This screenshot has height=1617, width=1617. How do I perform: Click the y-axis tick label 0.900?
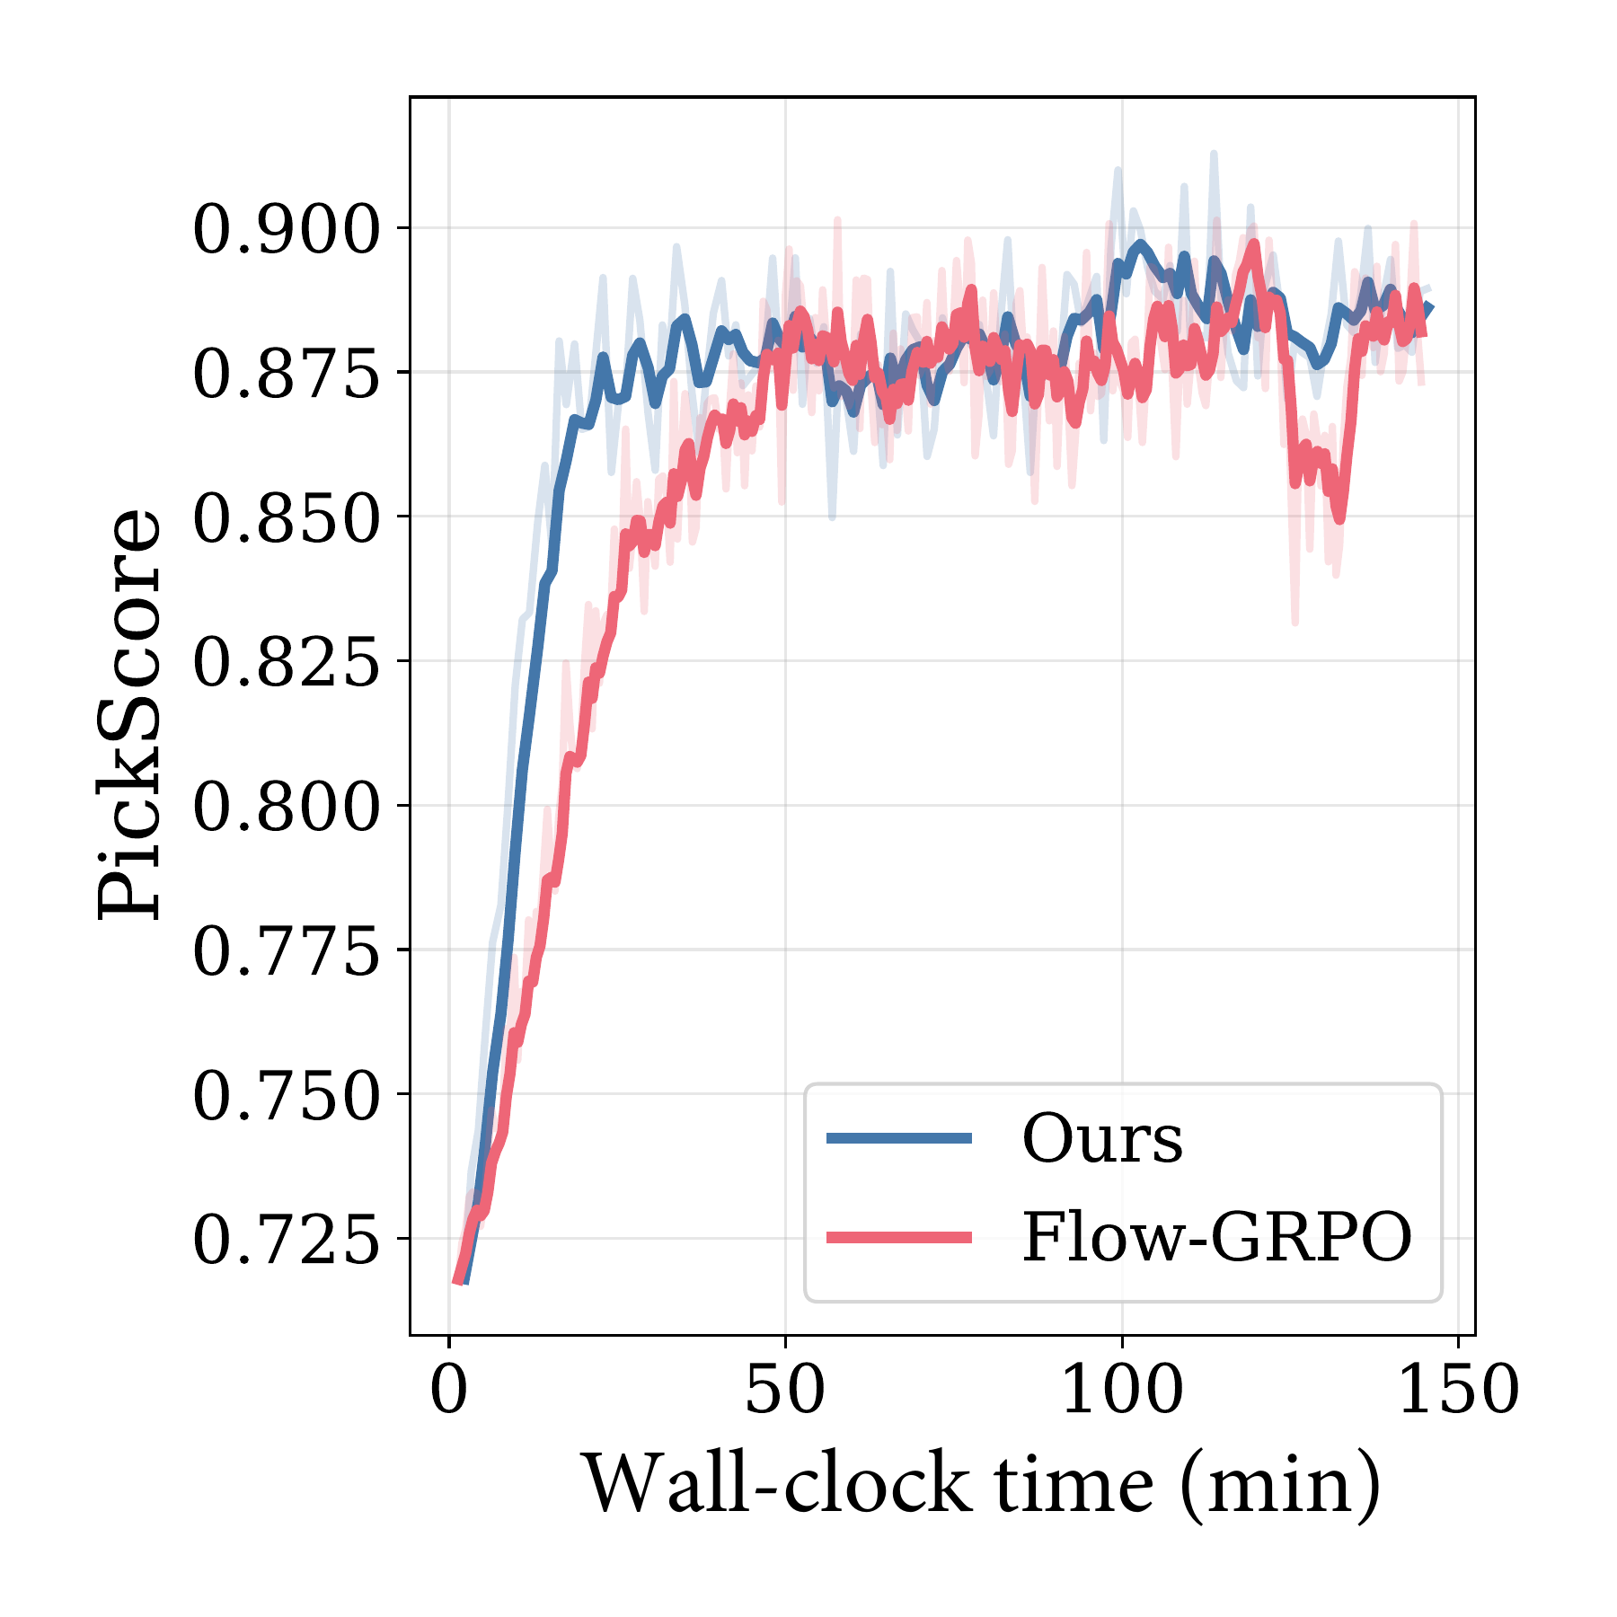coord(286,230)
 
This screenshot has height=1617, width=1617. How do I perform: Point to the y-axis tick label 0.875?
coord(286,374)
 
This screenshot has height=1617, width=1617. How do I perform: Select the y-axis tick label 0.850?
coord(286,518)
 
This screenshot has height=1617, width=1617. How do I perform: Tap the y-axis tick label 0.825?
coord(286,663)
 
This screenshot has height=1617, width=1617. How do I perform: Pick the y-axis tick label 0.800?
coord(286,807)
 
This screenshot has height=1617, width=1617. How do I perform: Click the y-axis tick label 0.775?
coord(286,951)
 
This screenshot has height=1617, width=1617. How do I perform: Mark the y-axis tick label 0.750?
coord(286,1096)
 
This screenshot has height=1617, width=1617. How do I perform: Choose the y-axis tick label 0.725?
coord(286,1241)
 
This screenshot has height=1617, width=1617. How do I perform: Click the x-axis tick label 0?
coord(449,1390)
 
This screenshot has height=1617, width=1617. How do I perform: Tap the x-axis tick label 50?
coord(785,1390)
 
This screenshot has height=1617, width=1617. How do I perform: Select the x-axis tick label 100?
coord(1122,1390)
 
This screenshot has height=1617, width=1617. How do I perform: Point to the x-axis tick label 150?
coord(1458,1390)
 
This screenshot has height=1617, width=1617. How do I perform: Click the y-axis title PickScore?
coord(130,714)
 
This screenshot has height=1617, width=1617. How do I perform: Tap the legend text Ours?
coord(1102,1138)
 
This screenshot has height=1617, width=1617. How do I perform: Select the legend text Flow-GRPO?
coord(1217,1237)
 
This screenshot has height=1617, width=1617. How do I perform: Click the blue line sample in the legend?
coord(899,1138)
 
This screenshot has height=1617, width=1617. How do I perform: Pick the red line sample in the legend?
coord(899,1238)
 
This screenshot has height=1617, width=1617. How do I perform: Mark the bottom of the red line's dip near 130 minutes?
coord(1339,519)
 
